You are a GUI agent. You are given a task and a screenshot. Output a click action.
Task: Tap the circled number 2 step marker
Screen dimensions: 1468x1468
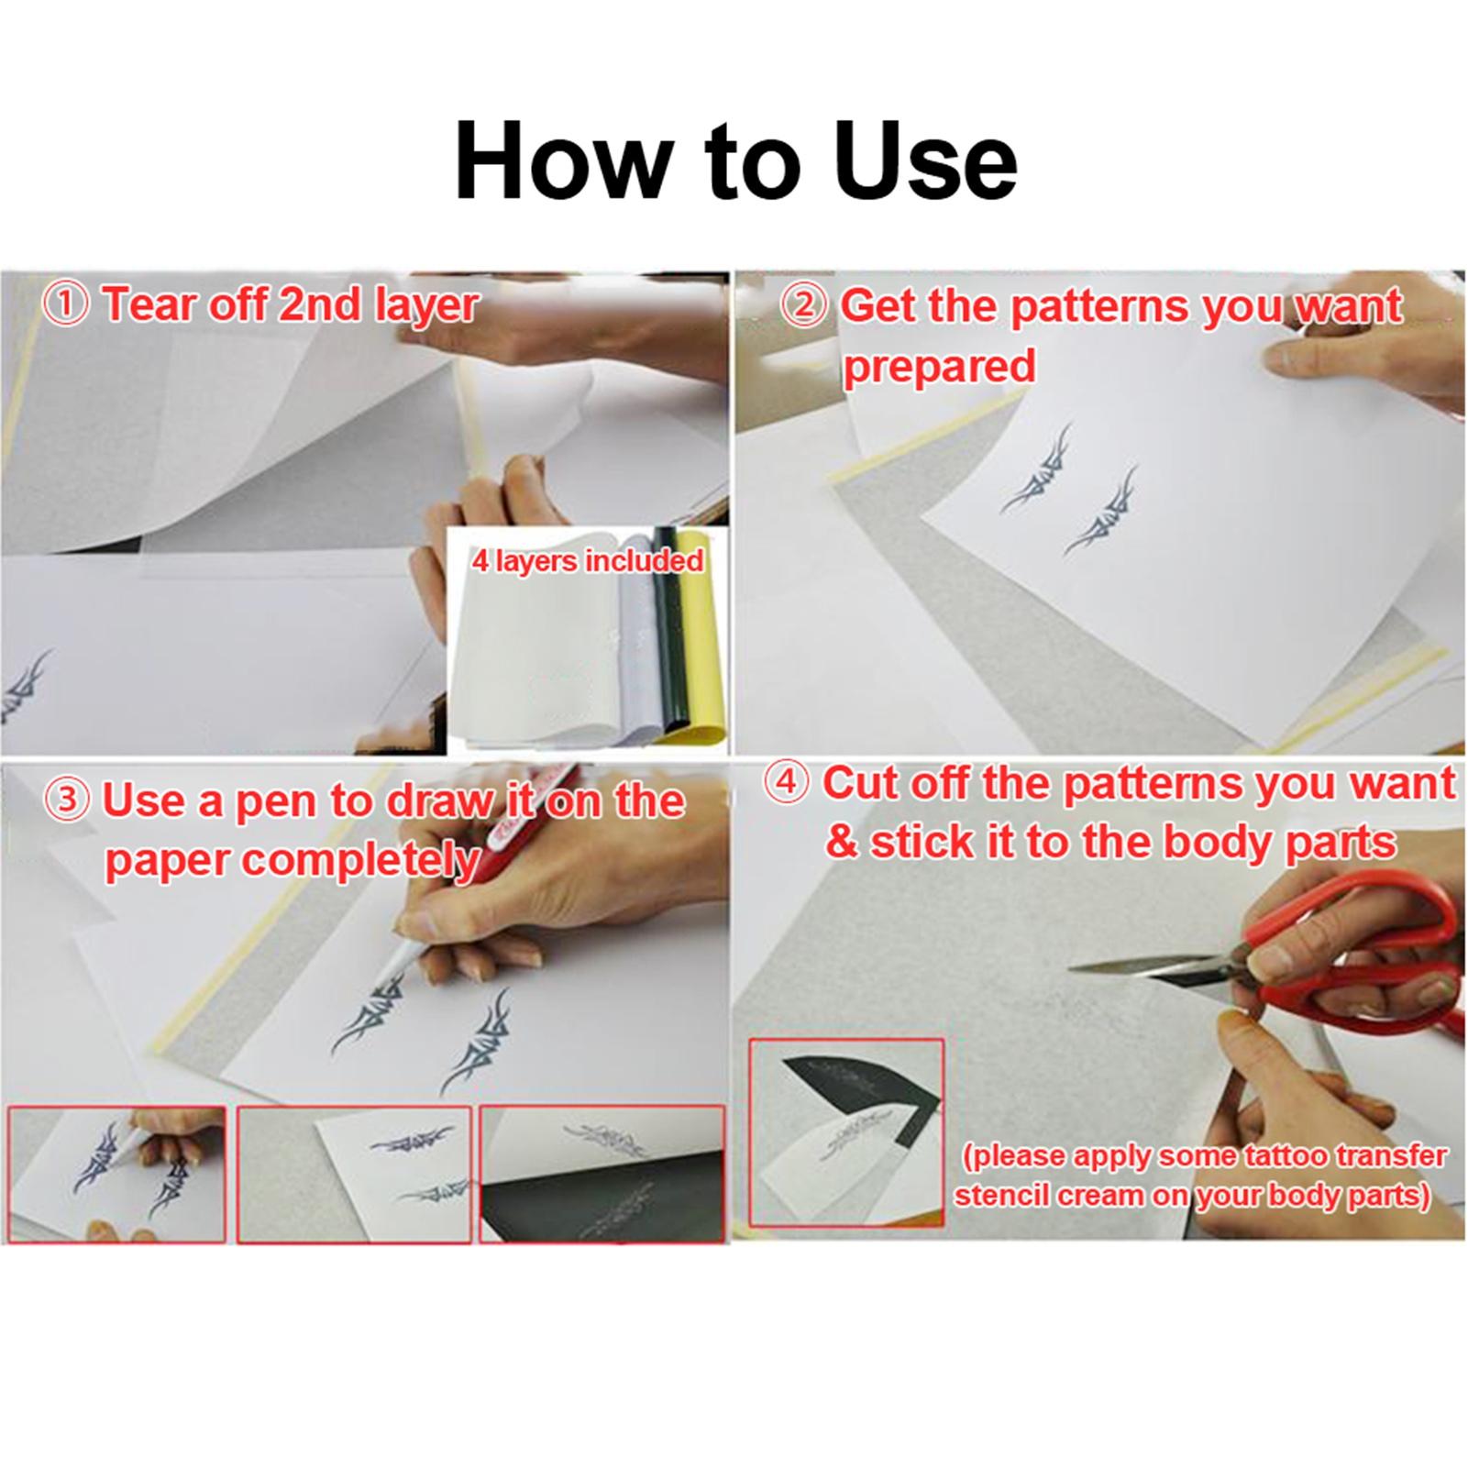(804, 306)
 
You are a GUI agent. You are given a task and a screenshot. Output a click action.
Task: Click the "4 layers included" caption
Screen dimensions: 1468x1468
(587, 560)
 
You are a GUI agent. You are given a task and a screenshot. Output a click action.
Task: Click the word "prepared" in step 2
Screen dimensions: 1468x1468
(939, 367)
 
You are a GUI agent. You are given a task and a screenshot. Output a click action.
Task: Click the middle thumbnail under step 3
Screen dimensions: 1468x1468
(354, 1176)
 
